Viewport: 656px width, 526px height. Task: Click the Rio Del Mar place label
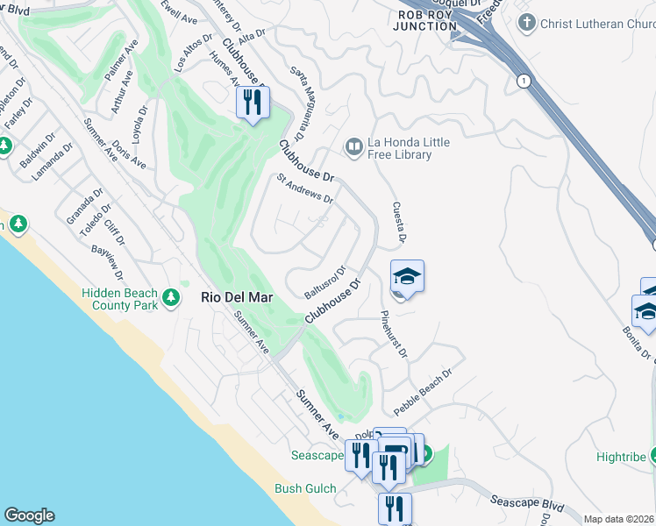[237, 298]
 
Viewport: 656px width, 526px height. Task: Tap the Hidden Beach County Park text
[119, 299]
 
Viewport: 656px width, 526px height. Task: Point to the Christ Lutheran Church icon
[526, 24]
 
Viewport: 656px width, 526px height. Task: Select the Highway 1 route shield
[524, 81]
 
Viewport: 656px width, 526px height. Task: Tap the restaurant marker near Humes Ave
[253, 103]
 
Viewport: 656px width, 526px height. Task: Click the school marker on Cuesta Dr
[407, 276]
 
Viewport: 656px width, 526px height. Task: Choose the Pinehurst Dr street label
[394, 333]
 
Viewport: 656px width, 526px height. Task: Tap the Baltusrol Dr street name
[325, 281]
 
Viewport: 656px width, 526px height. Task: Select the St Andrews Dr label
[305, 188]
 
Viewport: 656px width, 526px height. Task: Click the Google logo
[29, 515]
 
